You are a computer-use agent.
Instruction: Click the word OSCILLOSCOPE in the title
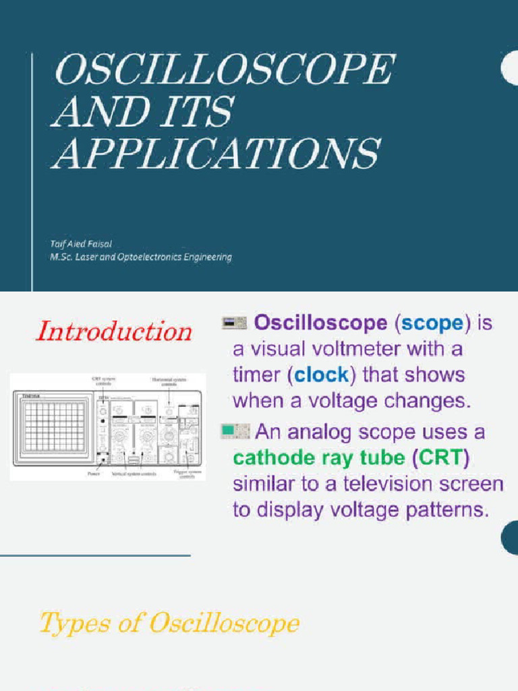coord(224,70)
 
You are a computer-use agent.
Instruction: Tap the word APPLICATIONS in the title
coord(216,154)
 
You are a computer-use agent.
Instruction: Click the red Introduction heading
coord(114,331)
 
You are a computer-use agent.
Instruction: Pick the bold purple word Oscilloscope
coord(320,323)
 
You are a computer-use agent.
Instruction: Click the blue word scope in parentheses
coord(432,323)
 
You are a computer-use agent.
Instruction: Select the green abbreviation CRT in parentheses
coord(442,458)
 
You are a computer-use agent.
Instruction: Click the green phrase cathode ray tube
coord(318,458)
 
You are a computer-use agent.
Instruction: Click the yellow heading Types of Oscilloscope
coord(169,623)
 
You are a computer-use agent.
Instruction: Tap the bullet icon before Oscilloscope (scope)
coord(235,323)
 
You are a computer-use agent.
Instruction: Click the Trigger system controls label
coord(183,475)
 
